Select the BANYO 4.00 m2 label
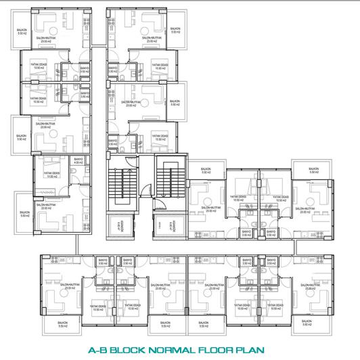click(x=78, y=162)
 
